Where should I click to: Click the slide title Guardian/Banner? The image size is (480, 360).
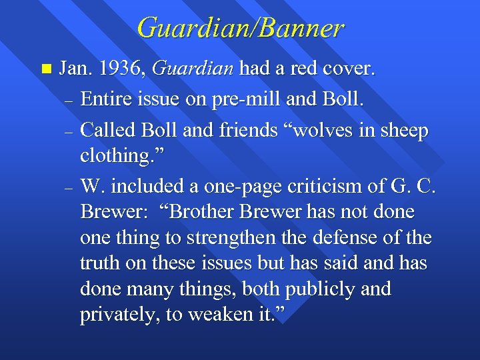point(240,28)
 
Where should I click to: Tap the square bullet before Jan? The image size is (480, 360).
point(45,69)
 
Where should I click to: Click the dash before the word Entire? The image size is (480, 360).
point(69,101)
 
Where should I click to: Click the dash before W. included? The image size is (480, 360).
point(69,189)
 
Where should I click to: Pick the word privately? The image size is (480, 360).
point(118,315)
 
